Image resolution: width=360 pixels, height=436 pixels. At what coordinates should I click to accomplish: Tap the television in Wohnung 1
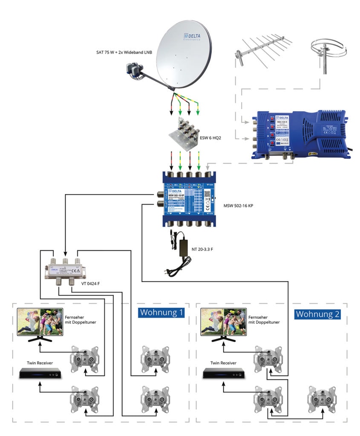click(x=40, y=323)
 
